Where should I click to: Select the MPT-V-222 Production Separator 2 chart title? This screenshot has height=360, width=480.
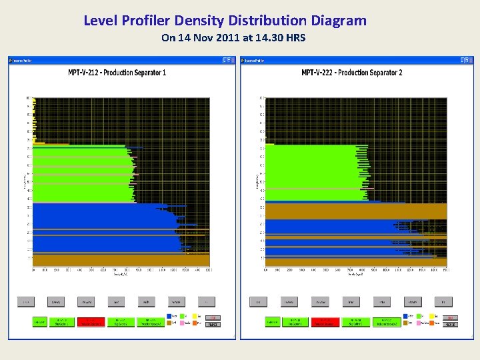coord(351,73)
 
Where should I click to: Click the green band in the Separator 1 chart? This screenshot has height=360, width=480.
coord(80,173)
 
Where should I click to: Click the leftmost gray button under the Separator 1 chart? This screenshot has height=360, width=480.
coord(25,302)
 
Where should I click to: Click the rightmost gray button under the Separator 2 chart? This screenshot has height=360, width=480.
coord(443,302)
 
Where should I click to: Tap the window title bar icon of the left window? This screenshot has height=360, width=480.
coord(11,61)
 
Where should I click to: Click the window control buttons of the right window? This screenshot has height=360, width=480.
coord(459,61)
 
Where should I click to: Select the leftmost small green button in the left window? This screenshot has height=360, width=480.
coord(39,322)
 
